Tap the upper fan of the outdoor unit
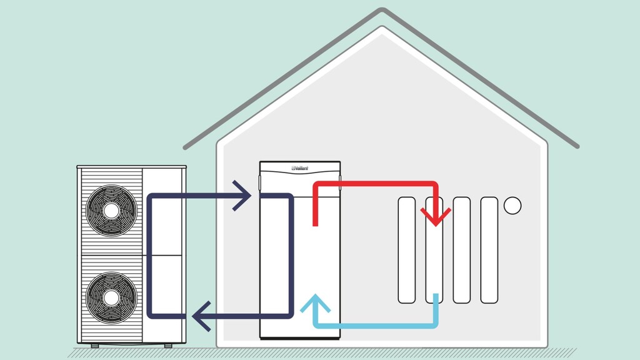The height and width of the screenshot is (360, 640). [x=110, y=211]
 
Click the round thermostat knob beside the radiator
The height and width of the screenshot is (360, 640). [x=512, y=205]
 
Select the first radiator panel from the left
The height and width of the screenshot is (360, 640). [x=406, y=250]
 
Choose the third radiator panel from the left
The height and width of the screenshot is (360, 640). [x=462, y=250]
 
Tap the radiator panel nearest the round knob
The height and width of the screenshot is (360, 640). [x=489, y=250]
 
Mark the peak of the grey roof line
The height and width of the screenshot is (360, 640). [x=382, y=11]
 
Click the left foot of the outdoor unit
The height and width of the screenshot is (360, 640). [x=94, y=345]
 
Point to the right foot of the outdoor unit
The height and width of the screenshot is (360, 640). [x=168, y=345]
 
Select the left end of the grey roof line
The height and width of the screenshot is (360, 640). [x=186, y=147]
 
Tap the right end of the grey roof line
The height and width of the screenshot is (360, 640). [x=576, y=146]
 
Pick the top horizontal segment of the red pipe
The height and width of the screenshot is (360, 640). [x=375, y=184]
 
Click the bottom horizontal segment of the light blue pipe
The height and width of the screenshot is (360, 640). [x=375, y=326]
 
